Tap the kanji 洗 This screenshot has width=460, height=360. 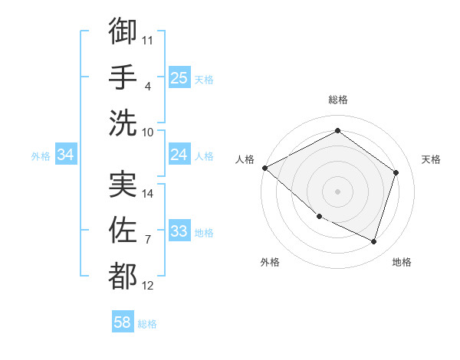click(x=123, y=123)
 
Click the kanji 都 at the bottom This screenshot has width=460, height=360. click(x=123, y=277)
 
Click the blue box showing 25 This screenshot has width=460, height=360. click(x=179, y=77)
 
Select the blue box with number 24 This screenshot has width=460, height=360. click(x=179, y=155)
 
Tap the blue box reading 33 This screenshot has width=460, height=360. click(x=179, y=231)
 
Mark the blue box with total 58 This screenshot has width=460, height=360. click(x=122, y=322)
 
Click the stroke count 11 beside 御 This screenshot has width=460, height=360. click(x=148, y=39)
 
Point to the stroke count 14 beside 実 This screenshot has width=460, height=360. click(x=148, y=193)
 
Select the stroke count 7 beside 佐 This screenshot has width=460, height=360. click(x=148, y=239)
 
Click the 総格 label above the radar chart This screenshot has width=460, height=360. click(x=338, y=100)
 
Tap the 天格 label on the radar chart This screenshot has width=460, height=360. click(x=431, y=159)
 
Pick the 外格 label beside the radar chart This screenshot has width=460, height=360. click(x=270, y=262)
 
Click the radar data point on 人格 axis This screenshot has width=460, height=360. click(x=264, y=168)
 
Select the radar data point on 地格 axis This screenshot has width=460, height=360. click(x=373, y=242)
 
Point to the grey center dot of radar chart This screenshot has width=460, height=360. click(x=338, y=191)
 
